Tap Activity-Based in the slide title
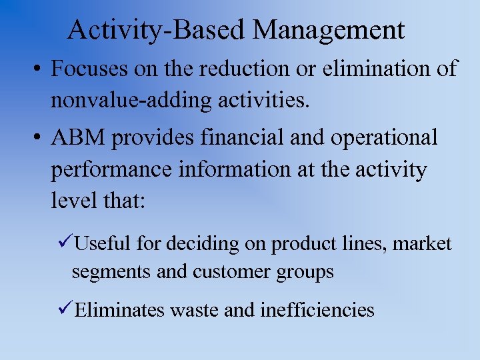158,30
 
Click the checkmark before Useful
65,244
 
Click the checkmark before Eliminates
65,309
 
